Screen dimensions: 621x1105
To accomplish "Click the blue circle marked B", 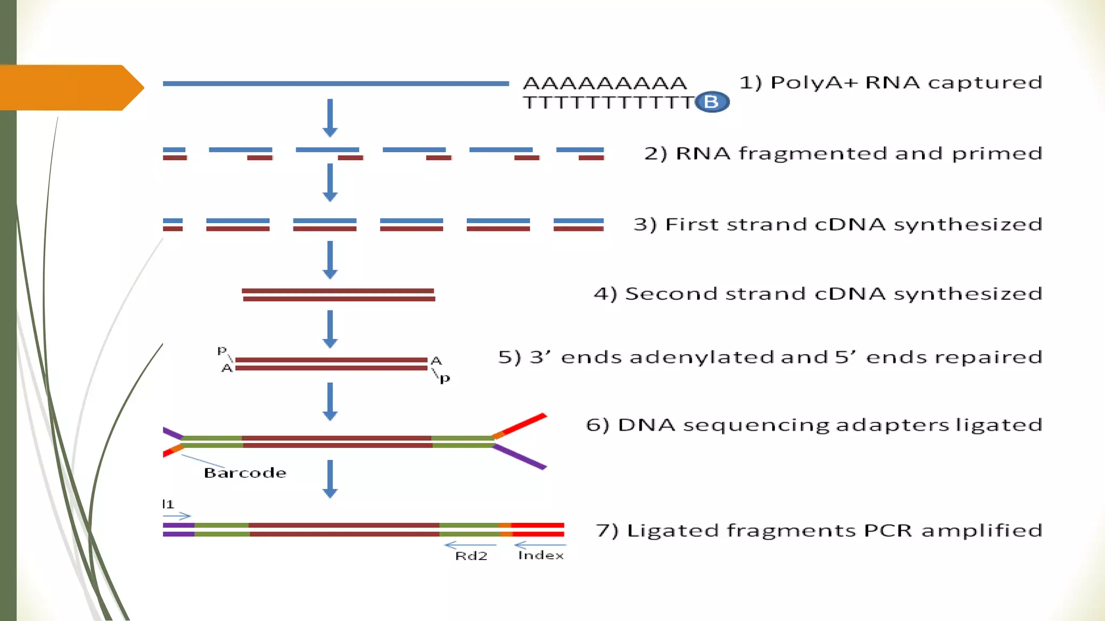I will point(712,102).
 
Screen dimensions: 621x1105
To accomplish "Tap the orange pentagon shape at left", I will point(70,87).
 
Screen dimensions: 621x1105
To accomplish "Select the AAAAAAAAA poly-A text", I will point(605,84).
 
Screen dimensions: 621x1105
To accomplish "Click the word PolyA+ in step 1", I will point(814,82).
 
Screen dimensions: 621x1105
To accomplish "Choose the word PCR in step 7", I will point(888,530).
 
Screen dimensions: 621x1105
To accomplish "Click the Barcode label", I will point(245,473).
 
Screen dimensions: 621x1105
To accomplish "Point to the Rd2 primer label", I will point(471,556).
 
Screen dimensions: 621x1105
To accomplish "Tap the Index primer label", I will point(541,555).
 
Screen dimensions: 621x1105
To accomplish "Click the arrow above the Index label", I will point(540,546).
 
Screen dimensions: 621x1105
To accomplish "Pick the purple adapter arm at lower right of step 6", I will point(521,457).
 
